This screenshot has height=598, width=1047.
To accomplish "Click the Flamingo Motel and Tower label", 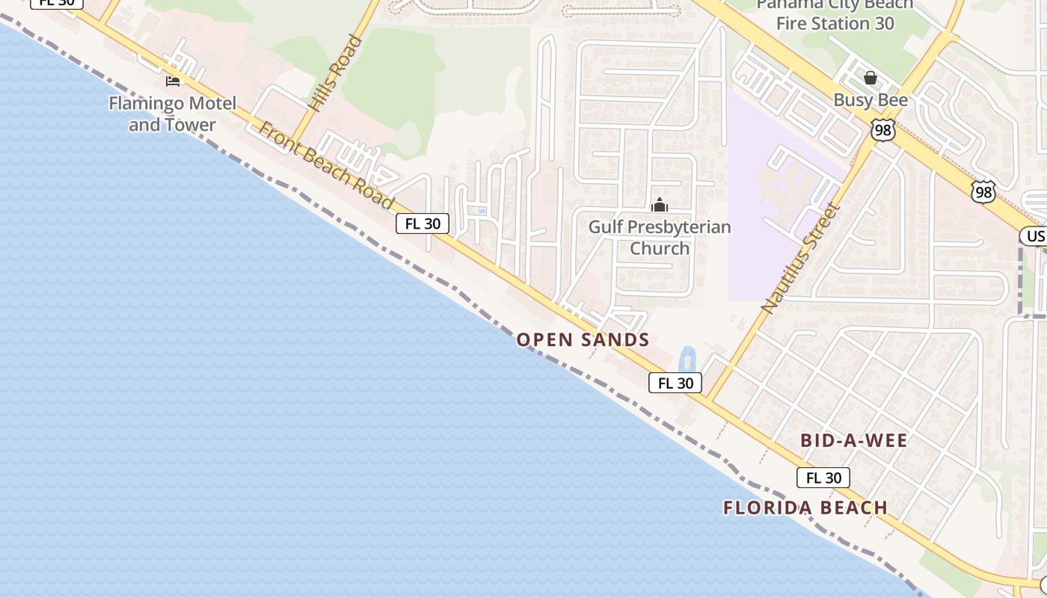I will point(172,114).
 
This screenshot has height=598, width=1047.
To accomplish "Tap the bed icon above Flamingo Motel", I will point(173,81).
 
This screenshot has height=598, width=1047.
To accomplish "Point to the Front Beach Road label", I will point(326,166).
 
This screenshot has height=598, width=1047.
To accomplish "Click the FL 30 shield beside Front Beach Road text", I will point(423,224).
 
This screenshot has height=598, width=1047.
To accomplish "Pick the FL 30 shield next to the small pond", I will point(675,383).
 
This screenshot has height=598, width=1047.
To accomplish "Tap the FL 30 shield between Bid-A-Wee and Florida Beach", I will point(823,478).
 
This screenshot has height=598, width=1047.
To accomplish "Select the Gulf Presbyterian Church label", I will point(660,237).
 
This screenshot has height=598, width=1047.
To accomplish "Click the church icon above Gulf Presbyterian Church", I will point(660,204).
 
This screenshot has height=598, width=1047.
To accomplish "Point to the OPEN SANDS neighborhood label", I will point(583,340).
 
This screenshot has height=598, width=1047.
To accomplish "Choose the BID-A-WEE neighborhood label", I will point(854,440).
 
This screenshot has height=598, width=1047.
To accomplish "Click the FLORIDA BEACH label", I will point(805,508).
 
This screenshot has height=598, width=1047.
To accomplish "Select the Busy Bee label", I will point(871,100).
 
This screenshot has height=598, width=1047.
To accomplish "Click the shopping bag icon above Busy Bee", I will point(871,77).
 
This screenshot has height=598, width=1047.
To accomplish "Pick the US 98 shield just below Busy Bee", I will point(883,129).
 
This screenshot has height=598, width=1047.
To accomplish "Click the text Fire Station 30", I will point(835,23).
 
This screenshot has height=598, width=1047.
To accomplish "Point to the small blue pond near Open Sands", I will point(686,360).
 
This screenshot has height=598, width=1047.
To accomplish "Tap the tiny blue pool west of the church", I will point(481,212).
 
